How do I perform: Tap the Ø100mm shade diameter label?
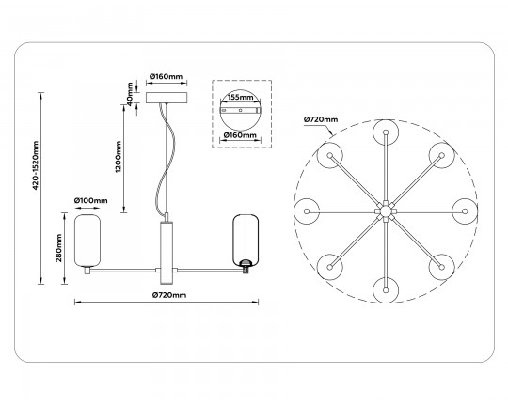(90, 201)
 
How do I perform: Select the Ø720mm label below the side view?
(168, 295)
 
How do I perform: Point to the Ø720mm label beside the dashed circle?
(321, 118)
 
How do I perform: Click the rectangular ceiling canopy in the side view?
(167, 96)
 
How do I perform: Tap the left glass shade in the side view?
(88, 241)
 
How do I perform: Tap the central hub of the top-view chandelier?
(383, 209)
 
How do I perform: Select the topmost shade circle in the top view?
(383, 132)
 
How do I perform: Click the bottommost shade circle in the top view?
(383, 286)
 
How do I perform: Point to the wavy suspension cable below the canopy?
(167, 150)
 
